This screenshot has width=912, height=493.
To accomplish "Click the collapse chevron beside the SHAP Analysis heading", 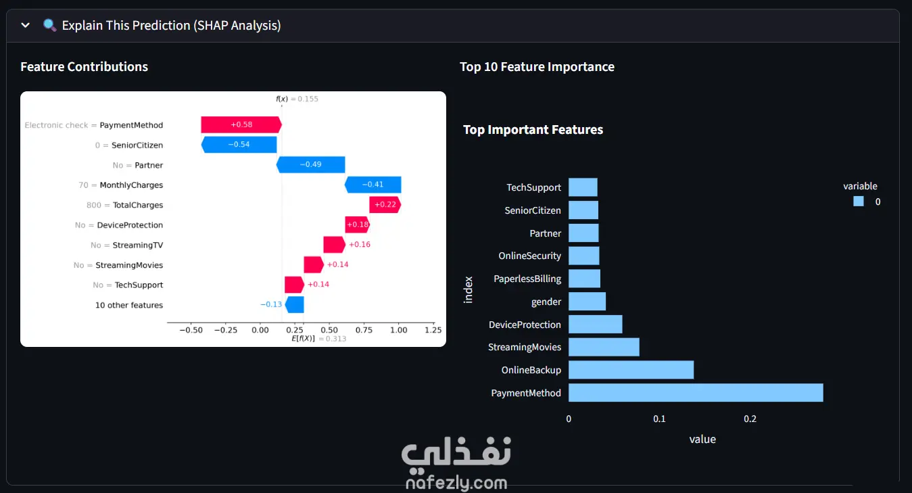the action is [x=25, y=25].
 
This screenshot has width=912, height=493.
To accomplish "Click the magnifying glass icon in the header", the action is [x=49, y=25].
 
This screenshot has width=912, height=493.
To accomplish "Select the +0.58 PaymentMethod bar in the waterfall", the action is [x=241, y=124].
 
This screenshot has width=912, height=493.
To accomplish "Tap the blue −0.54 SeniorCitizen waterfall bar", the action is [x=239, y=145].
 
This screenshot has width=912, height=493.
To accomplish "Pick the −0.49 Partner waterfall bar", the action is [x=311, y=164].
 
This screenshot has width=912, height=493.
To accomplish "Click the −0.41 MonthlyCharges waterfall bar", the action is [x=373, y=185].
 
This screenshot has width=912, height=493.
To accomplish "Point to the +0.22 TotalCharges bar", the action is [x=385, y=204].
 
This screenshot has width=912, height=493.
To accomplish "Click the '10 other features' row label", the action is [x=129, y=305].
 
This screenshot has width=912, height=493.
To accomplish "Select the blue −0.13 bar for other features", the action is [x=294, y=305].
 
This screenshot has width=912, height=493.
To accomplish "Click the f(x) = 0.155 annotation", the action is [x=297, y=99].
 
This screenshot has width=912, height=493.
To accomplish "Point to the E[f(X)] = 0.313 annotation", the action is [x=319, y=339].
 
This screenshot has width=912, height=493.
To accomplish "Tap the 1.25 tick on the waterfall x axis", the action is [x=433, y=330].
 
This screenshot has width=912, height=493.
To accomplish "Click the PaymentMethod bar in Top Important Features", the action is [x=696, y=393].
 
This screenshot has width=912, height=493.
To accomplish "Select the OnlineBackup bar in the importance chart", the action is [x=631, y=370].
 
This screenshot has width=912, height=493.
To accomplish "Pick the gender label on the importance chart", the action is [x=546, y=302].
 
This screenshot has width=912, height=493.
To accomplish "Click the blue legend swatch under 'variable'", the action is [x=859, y=202].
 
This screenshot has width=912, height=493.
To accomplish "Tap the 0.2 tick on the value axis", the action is [x=750, y=419].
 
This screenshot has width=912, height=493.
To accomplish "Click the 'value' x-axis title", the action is [x=702, y=439].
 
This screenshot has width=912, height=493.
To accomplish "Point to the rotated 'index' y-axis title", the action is [x=469, y=289].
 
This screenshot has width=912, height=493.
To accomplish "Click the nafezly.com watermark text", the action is [x=456, y=483].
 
